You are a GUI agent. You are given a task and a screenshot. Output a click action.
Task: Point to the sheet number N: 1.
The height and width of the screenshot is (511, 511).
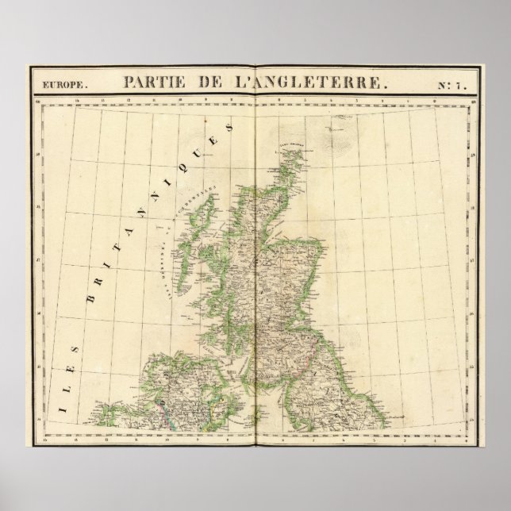(453, 80)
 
